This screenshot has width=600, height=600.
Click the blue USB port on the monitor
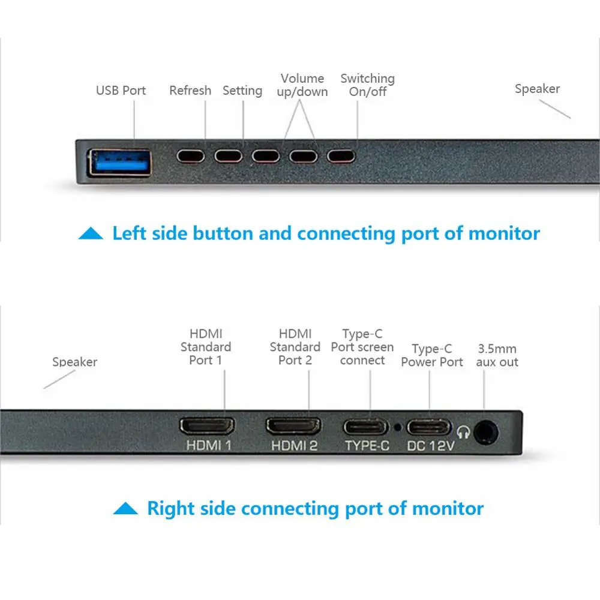(119, 162)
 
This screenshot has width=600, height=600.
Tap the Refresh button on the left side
(191, 156)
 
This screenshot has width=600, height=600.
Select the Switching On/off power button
(341, 156)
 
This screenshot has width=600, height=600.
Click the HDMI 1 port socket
(207, 427)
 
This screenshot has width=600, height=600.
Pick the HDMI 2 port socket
(293, 427)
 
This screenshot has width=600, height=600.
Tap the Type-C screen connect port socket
(365, 427)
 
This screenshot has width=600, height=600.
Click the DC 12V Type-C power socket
(429, 427)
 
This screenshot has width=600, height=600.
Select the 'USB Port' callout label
(121, 91)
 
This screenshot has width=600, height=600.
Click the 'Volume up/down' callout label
(302, 85)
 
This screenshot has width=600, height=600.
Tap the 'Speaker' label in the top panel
(537, 89)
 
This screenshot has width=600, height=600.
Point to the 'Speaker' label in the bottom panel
(74, 362)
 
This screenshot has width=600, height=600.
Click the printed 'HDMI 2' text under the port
(294, 446)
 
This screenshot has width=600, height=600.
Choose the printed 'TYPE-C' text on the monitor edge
(367, 446)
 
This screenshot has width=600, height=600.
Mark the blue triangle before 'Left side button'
(91, 233)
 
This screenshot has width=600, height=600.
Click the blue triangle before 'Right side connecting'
(125, 509)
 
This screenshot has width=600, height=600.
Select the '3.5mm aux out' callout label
(497, 355)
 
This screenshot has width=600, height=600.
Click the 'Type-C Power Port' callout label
(432, 355)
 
